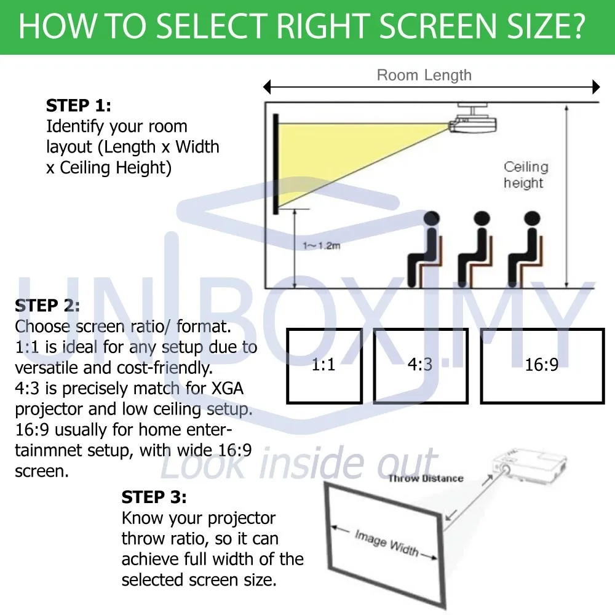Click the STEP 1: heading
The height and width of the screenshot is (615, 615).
[x=79, y=106]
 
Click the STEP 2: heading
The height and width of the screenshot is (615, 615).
[x=47, y=306]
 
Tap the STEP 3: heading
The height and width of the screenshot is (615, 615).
[x=154, y=497]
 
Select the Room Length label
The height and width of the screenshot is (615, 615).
[x=424, y=76]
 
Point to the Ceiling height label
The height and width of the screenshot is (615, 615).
[x=525, y=175]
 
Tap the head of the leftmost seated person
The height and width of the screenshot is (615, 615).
[x=432, y=219]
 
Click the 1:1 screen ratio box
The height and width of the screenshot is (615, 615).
[x=324, y=365]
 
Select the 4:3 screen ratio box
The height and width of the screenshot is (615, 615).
[x=420, y=365]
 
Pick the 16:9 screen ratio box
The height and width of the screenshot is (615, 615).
[x=542, y=365]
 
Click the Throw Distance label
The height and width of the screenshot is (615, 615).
[x=426, y=478]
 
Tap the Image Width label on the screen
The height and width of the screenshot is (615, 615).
[x=386, y=542]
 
